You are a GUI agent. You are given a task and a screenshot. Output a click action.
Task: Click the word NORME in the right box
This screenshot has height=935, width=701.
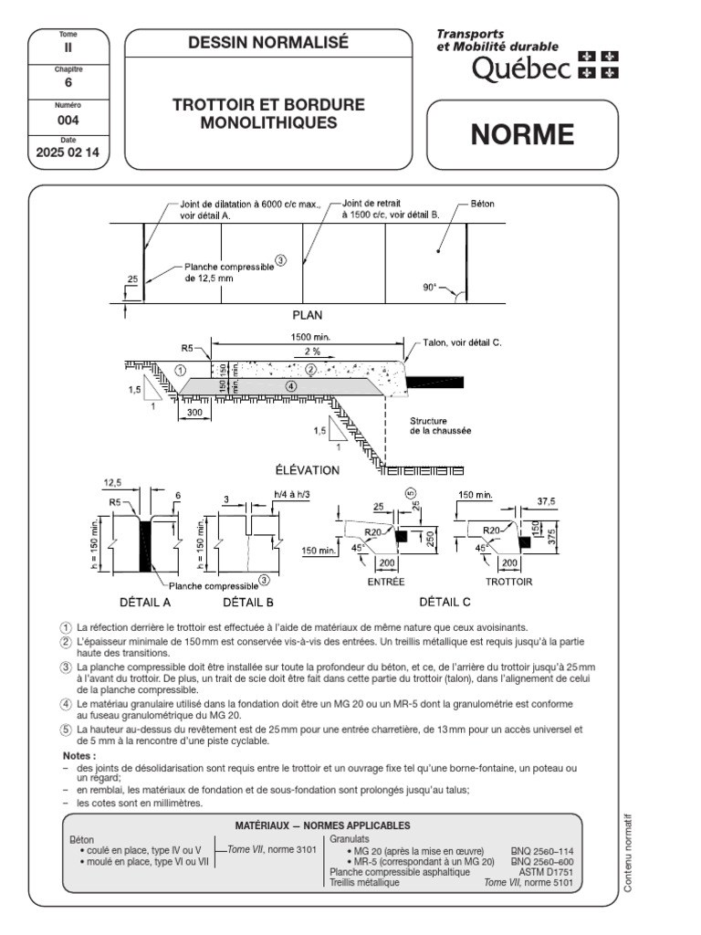tap(522, 135)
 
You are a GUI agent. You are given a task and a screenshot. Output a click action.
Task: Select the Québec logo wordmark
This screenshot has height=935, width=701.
tap(521, 68)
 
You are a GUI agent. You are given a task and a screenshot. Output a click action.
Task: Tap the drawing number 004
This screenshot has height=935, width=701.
tap(68, 119)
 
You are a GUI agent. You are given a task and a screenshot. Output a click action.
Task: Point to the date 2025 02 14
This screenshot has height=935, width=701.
tap(68, 153)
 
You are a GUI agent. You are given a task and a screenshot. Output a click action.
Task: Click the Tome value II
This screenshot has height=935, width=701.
tap(68, 47)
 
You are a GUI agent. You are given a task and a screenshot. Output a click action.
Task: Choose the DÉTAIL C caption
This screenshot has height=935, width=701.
tap(445, 603)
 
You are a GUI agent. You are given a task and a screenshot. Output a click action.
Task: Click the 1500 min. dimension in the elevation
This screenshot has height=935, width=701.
tap(312, 337)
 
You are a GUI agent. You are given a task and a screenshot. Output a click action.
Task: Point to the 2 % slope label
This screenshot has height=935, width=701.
tap(312, 351)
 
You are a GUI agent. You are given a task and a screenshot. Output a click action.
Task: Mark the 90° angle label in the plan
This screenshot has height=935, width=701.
tap(430, 287)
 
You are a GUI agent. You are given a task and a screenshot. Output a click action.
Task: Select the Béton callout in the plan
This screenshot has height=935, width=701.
tap(483, 204)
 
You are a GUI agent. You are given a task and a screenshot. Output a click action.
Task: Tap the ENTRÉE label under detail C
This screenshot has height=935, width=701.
tap(385, 582)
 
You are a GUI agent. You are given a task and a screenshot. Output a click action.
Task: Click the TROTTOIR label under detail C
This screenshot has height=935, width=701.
tap(508, 582)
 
